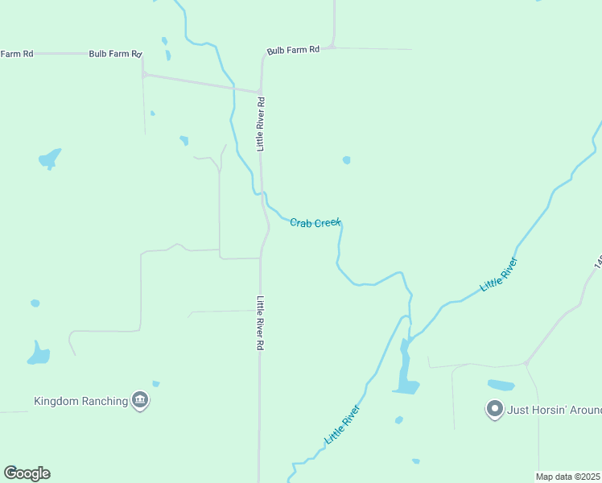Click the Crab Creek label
[x=315, y=222]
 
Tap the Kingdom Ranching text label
[x=80, y=401]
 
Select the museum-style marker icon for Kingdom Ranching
[x=140, y=400]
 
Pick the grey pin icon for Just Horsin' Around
[x=494, y=409]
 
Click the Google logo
[x=27, y=473]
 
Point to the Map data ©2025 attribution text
[x=568, y=477]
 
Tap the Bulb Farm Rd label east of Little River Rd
[x=293, y=50]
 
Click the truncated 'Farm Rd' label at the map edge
[x=16, y=54]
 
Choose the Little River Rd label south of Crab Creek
[x=261, y=323]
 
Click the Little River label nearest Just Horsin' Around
[x=497, y=275]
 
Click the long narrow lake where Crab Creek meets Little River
[x=405, y=370]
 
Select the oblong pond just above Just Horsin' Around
[x=501, y=385]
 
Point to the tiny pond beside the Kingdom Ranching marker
[x=155, y=384]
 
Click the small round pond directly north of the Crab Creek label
[x=346, y=160]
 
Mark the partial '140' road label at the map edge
[x=598, y=262]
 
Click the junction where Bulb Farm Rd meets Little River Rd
[x=259, y=90]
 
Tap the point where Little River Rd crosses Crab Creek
[x=262, y=193]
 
